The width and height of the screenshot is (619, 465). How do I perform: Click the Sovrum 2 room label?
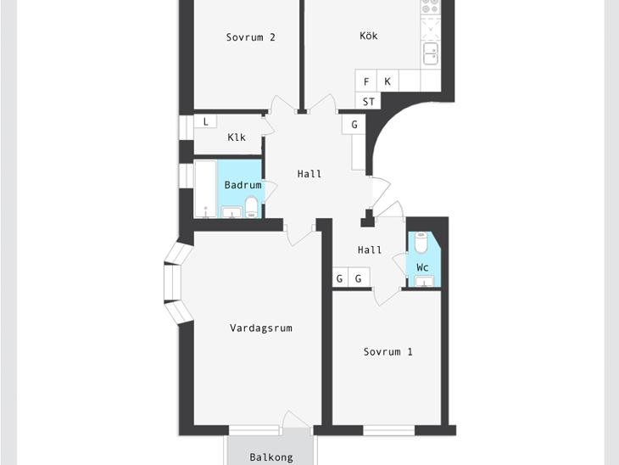click(251, 37)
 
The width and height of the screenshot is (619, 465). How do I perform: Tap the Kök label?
click(369, 36)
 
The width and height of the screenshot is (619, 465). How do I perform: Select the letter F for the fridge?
click(366, 81)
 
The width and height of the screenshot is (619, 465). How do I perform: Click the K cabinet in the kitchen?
click(388, 81)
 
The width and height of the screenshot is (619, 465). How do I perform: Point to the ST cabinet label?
click(369, 102)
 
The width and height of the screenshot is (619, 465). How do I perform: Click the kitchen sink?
click(431, 53)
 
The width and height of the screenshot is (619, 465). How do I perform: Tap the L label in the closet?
click(206, 122)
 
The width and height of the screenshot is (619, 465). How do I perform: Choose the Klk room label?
click(237, 137)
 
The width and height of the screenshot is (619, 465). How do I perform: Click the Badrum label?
click(243, 185)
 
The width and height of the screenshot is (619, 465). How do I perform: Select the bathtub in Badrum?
click(205, 189)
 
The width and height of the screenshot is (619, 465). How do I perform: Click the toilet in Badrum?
click(252, 207)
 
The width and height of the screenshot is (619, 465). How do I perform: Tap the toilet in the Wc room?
click(421, 242)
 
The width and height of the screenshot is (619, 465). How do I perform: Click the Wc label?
click(422, 267)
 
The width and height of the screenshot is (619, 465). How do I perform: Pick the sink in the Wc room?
click(424, 281)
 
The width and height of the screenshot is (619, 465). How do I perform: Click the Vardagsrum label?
click(261, 328)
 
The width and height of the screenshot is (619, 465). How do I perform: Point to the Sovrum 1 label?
click(388, 351)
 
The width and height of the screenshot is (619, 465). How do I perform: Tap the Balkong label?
click(271, 457)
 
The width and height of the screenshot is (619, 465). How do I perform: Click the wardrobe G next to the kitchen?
click(354, 125)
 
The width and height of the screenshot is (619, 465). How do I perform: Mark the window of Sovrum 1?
click(389, 430)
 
